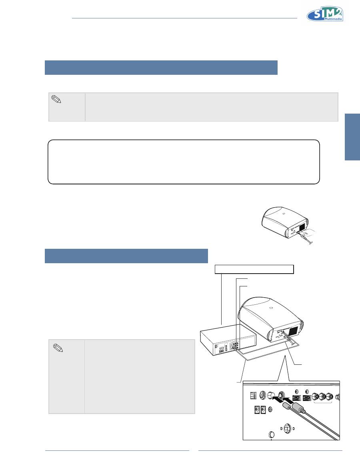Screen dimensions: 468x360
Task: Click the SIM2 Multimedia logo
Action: point(326,15)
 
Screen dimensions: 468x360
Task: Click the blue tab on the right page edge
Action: point(352,137)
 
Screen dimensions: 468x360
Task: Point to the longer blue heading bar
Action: point(161,68)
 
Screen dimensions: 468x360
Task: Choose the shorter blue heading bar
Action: point(126,256)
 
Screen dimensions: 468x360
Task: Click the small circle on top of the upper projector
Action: point(283,214)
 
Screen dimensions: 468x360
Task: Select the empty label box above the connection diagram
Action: point(254,269)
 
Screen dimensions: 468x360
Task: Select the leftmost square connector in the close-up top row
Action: point(252,395)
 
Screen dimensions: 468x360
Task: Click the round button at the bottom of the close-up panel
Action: point(272,435)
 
